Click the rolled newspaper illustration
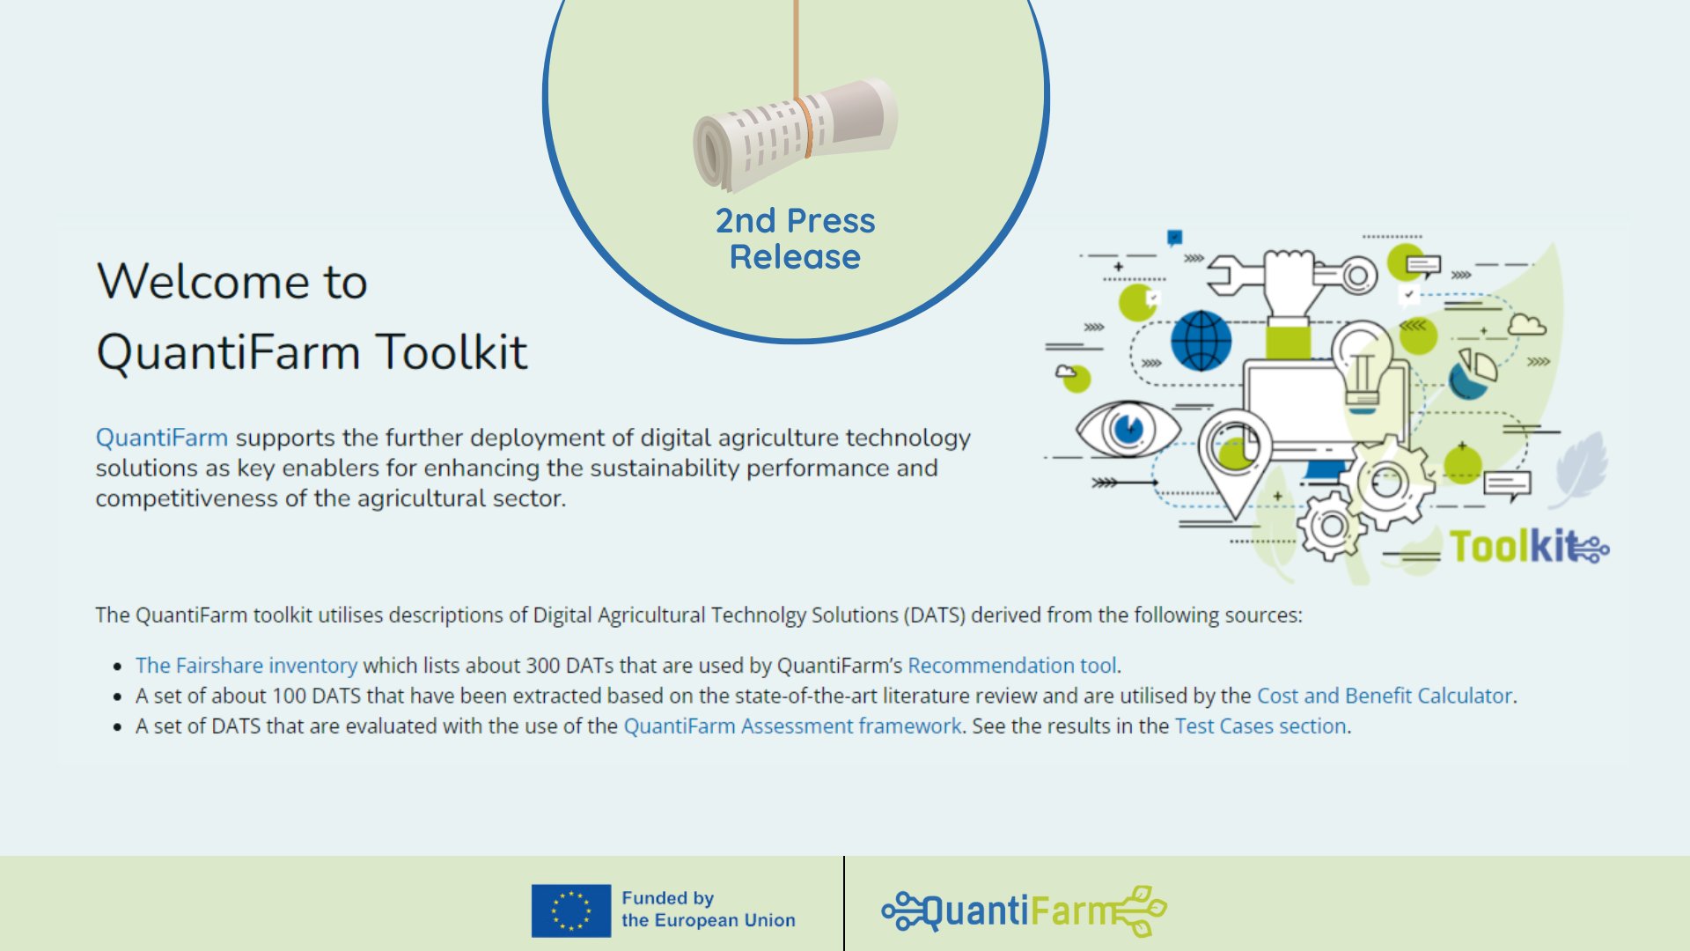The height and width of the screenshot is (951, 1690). [795, 134]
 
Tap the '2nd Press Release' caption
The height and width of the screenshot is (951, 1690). [796, 239]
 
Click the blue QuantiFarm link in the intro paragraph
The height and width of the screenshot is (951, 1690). [162, 438]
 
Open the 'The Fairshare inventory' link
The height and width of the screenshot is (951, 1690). [246, 666]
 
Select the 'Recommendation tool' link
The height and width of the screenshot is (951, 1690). [1012, 666]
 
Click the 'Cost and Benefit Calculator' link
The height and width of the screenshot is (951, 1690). [1385, 696]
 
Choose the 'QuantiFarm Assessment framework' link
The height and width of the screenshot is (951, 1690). [792, 726]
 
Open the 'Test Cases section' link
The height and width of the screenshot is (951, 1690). [1260, 726]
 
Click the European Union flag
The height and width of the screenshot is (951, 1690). [570, 910]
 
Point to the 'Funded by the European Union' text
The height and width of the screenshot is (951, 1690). [708, 910]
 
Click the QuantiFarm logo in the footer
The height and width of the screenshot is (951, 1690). [1024, 910]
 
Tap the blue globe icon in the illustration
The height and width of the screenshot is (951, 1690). [1201, 341]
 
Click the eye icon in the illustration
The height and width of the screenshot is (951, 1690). [1128, 430]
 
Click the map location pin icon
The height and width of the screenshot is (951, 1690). [1234, 461]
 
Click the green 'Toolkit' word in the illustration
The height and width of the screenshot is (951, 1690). [1512, 547]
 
